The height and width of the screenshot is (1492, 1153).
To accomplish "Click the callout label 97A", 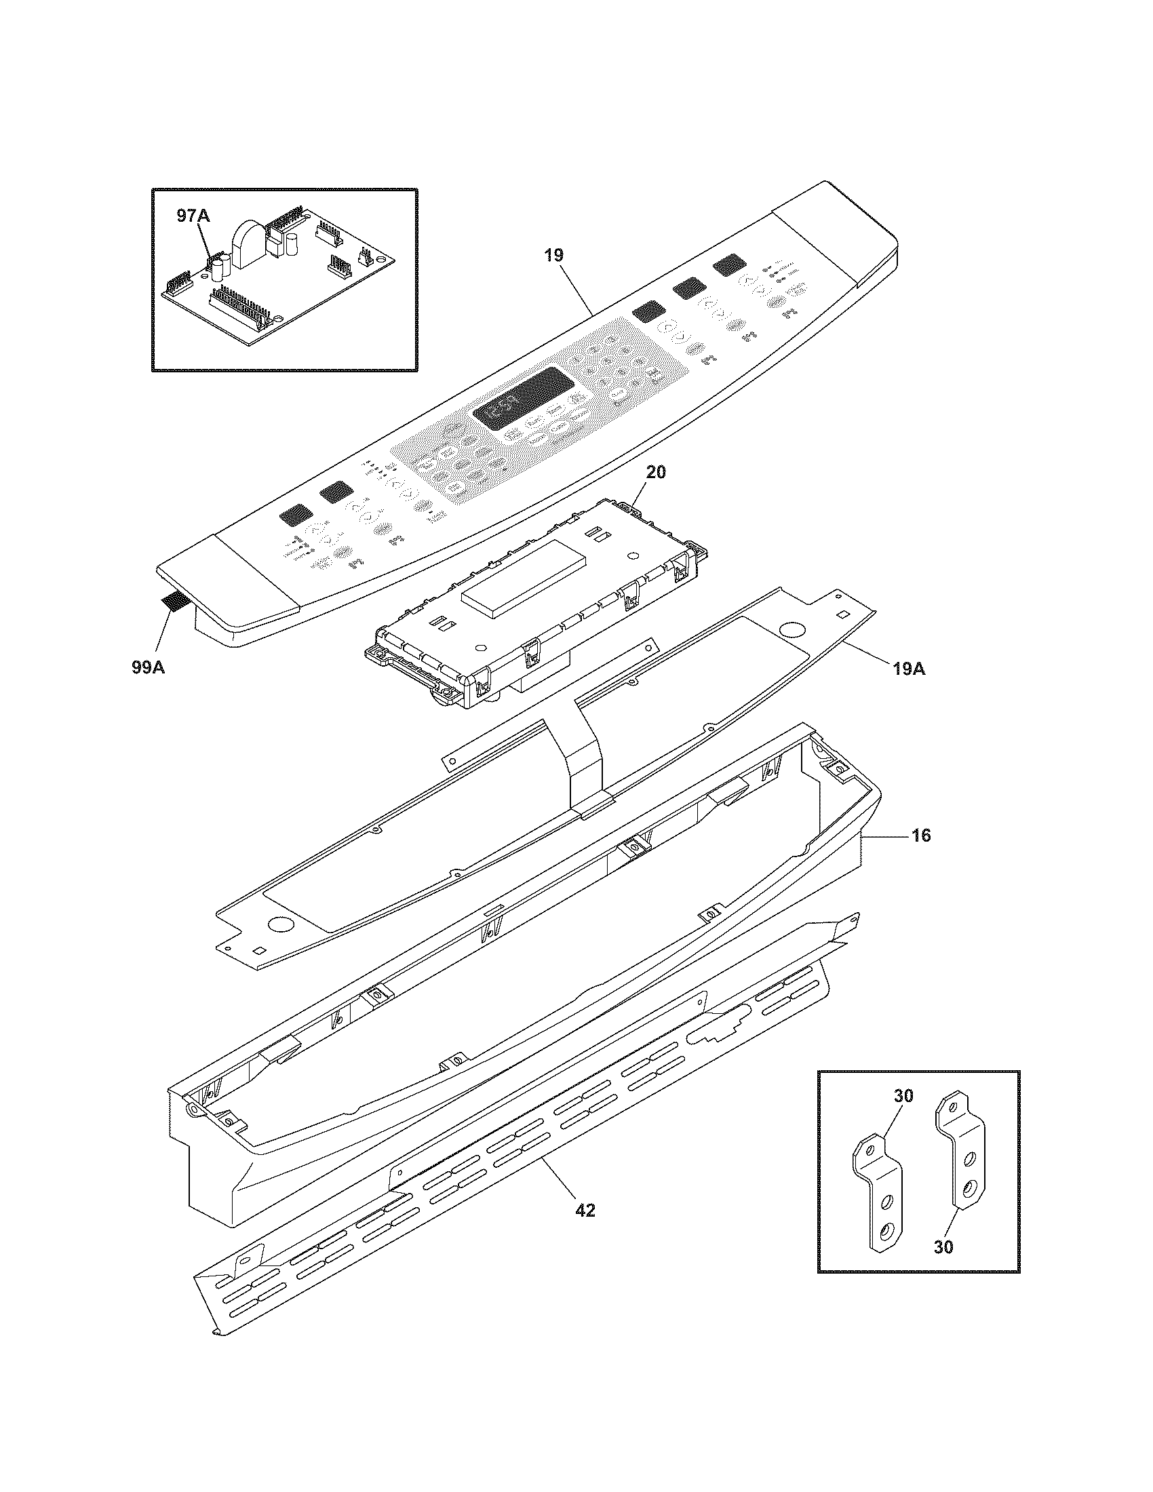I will point(193,216).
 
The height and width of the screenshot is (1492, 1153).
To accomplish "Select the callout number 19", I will point(553,256).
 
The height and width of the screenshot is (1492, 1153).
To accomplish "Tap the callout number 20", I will point(656,472).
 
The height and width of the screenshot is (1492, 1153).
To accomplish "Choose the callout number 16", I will point(921,835).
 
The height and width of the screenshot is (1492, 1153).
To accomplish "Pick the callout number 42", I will point(585,1211).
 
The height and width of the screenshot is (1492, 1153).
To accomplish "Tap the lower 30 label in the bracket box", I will point(943,1246).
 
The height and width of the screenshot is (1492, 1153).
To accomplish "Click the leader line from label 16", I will point(888,835).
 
